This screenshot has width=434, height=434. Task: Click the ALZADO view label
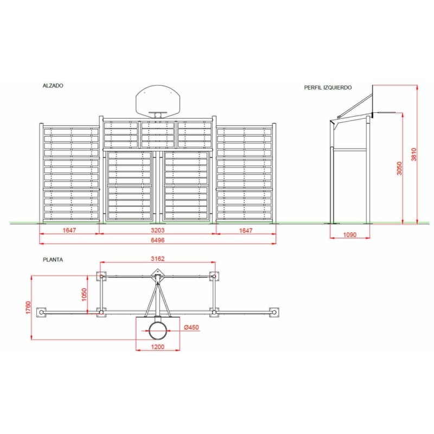point(53,86)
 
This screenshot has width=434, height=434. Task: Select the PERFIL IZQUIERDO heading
point(328,87)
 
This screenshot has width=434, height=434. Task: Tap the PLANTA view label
point(53,260)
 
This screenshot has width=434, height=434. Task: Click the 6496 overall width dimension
point(157,240)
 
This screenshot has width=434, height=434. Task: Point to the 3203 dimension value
point(157,230)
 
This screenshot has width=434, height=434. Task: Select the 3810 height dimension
point(413,155)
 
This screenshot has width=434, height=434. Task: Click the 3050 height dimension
point(399,168)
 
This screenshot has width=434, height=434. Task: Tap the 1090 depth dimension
point(349,235)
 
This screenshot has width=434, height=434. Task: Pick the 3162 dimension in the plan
point(157,259)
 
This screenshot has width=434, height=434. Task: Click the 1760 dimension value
point(28,308)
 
